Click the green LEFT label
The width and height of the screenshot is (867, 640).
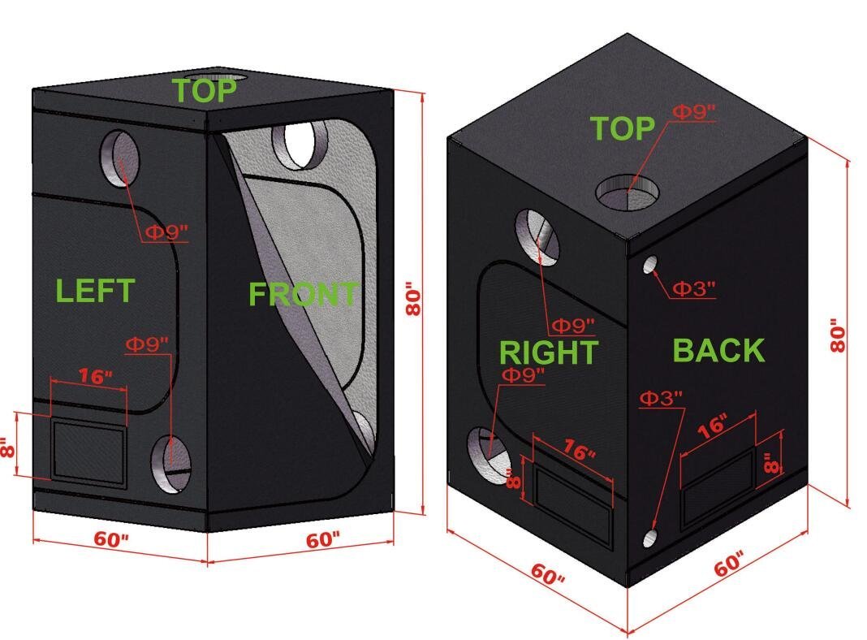(94, 290)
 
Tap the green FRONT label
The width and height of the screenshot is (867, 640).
(302, 294)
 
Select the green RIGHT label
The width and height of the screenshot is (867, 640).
(548, 352)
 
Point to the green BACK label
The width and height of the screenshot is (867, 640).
(718, 350)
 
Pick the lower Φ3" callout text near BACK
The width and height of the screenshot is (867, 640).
(662, 398)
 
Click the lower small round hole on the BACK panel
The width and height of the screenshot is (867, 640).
(650, 538)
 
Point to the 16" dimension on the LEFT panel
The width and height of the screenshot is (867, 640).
(95, 376)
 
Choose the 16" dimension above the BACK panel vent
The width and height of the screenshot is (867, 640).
(711, 428)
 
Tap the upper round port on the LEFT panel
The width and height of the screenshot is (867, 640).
(119, 158)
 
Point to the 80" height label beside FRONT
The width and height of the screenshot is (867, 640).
(414, 301)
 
